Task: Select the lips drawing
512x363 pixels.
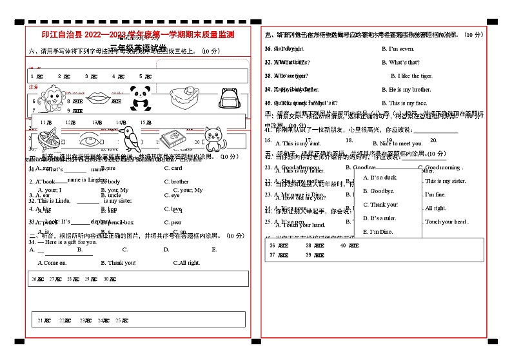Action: [x=98, y=98]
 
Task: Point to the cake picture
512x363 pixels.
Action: [x=184, y=98]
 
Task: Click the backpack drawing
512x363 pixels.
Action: [x=229, y=98]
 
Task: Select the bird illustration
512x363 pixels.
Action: [x=131, y=138]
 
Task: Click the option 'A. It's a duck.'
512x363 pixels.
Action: [x=380, y=178]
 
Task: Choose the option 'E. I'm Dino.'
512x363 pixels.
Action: [x=378, y=232]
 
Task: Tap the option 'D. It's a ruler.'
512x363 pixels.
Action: [x=380, y=218]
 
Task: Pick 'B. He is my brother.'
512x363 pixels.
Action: [x=406, y=90]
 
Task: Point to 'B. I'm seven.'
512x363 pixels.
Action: [x=398, y=49]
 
